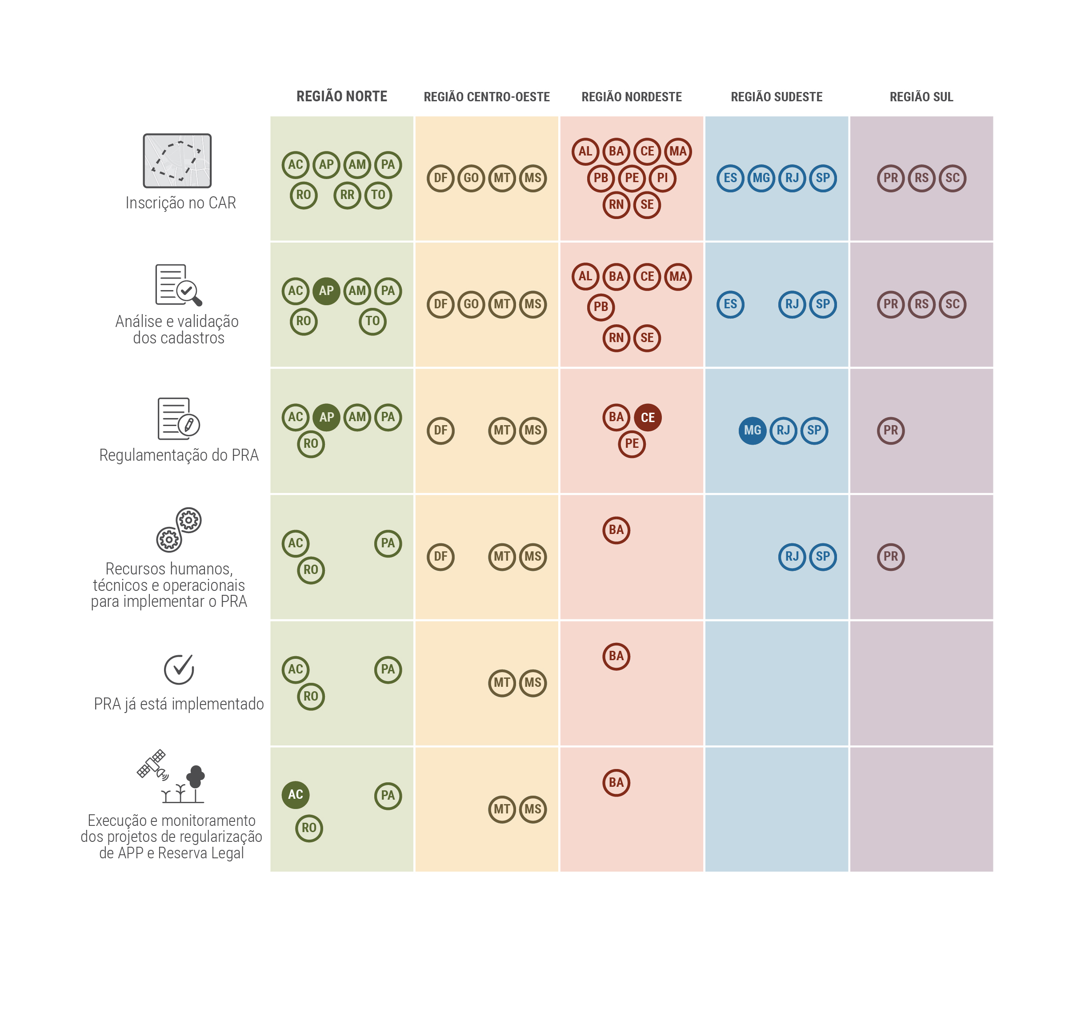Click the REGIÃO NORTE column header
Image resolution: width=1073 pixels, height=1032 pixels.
342,96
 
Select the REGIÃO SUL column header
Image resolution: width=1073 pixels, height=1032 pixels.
921,97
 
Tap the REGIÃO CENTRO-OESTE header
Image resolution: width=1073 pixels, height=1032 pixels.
486,97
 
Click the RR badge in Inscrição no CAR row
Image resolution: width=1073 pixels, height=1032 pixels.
347,195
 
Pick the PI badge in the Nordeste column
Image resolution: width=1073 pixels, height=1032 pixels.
662,178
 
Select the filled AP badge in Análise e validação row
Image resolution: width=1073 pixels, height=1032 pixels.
326,291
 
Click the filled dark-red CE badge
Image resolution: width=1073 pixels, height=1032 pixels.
648,418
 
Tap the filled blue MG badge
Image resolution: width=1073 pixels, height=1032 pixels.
752,430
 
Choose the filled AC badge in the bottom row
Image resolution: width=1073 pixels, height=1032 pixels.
296,794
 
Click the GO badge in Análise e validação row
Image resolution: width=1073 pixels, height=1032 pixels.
471,304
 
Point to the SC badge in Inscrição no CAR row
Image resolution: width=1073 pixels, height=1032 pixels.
952,178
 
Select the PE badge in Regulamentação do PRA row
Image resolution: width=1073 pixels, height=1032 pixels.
632,444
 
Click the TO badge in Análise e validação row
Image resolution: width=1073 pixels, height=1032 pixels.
372,321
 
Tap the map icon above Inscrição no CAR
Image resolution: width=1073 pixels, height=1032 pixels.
177,161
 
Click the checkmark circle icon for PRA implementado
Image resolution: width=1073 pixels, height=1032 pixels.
179,669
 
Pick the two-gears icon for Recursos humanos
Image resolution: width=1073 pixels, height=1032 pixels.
179,529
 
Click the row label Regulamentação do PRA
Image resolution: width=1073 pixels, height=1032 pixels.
179,455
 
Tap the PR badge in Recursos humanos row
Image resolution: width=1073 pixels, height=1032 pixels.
890,557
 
